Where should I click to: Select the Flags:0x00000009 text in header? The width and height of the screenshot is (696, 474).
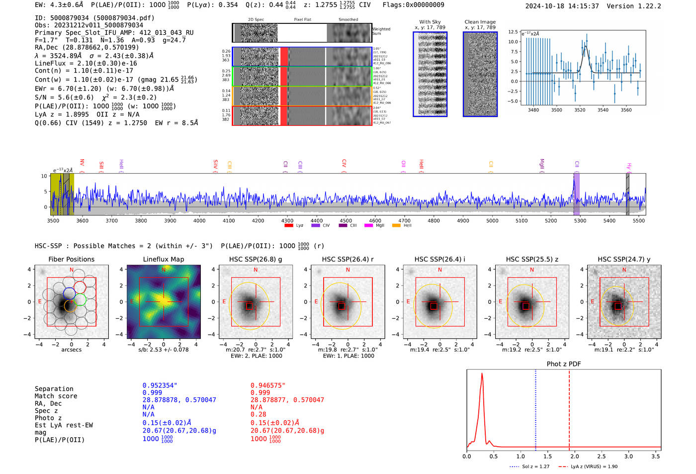point(413,5)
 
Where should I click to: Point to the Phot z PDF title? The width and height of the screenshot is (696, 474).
point(564,364)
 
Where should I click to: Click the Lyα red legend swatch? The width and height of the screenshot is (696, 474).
point(289,225)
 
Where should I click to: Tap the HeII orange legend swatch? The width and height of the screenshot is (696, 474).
point(396,225)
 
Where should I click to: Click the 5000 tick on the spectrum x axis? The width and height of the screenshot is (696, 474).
point(492,220)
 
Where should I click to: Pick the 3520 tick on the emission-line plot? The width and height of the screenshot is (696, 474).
point(580,110)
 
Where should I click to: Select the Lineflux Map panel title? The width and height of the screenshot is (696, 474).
point(164,259)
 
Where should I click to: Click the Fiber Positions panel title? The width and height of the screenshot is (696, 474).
point(71,259)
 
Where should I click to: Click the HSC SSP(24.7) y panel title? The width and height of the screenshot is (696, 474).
point(624,259)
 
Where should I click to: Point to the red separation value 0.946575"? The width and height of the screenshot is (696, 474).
point(268,385)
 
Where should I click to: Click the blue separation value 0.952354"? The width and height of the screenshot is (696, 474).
point(160,385)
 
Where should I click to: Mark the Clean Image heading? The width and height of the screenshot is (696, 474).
point(480,22)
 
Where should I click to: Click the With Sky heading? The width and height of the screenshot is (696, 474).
point(430,22)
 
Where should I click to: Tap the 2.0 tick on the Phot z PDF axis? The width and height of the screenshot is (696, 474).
point(574,456)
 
